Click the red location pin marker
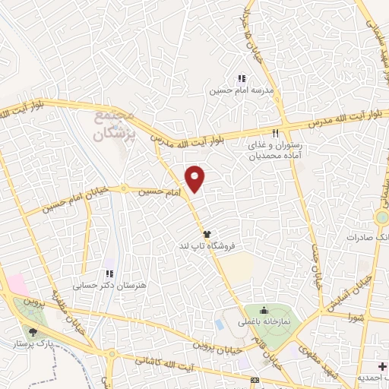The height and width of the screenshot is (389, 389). [196, 179]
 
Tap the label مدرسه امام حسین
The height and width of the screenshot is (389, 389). [242, 90]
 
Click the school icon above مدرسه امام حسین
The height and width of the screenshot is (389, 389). [242, 78]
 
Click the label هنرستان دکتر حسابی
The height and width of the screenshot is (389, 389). [109, 286]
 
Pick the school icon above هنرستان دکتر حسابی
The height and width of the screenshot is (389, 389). [109, 274]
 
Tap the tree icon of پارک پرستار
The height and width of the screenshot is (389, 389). [32, 331]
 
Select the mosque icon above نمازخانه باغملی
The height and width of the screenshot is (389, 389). [263, 309]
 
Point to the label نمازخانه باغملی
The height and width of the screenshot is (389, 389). [264, 322]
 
